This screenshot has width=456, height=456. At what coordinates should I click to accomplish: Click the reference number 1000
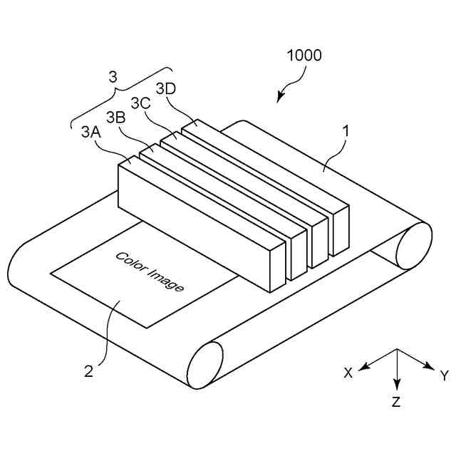pos(304,55)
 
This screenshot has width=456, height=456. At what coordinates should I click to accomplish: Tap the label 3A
pos(90,132)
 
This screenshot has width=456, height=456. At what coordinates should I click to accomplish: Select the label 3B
pos(116,117)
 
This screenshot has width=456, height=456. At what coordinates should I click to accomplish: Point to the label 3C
pos(140,103)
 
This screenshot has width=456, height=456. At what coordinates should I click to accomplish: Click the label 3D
pos(165,88)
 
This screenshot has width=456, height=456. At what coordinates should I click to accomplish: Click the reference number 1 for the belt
pos(346,131)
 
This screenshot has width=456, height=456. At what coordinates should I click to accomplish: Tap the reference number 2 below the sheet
pos(89,370)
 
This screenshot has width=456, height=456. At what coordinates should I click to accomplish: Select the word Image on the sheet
pos(167,279)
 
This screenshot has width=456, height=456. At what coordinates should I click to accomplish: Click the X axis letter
pos(348,373)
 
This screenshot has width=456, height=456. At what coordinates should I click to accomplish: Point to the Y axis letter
pos(444,375)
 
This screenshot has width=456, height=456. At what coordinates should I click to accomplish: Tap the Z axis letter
pos(396,402)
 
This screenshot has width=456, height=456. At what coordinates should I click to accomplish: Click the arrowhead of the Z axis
pos(397,384)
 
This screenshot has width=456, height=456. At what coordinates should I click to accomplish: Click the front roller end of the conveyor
pos(204,364)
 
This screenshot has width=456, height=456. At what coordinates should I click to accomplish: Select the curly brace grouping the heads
pos(122,96)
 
